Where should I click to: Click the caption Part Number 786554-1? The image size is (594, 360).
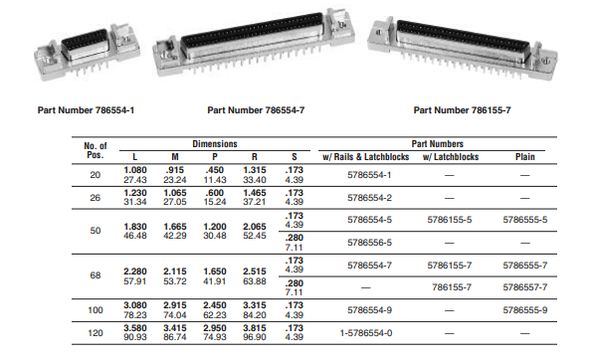click(86, 110)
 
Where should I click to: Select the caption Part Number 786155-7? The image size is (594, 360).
click(463, 110)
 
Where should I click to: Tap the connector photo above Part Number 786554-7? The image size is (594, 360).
click(254, 44)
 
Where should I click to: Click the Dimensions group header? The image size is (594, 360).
click(215, 144)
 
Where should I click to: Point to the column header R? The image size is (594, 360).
click(255, 157)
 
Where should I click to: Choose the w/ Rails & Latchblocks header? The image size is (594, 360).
click(366, 157)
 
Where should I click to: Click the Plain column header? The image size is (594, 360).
click(525, 157)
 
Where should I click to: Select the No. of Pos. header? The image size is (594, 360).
click(96, 150)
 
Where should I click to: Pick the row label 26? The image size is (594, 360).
click(96, 198)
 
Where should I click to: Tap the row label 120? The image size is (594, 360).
click(96, 333)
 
